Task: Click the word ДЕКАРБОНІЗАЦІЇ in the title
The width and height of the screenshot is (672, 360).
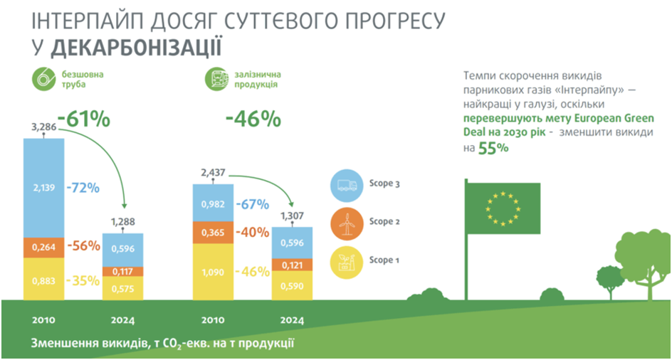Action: [x=135, y=48]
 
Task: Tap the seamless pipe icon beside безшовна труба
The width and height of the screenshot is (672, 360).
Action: [x=42, y=79]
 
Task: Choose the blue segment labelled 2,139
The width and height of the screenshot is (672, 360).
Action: [x=44, y=188]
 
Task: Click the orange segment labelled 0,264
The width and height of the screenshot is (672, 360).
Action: [x=44, y=247]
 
